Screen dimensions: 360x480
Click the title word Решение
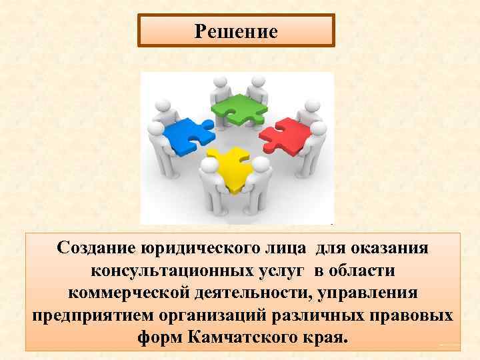click(236, 31)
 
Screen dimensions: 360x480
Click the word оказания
click(390, 248)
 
